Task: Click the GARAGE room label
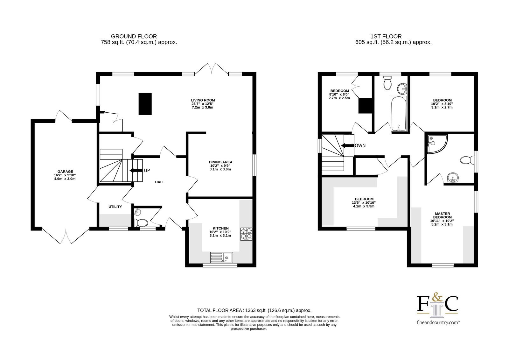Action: (65, 172)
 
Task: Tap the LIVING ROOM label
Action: (203, 100)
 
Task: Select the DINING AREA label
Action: (221, 162)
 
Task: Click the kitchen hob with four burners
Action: (246, 234)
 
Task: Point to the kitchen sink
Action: (221, 258)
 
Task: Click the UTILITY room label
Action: (115, 207)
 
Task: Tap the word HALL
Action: (160, 182)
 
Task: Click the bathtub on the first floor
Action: (399, 114)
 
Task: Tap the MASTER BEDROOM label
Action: (443, 215)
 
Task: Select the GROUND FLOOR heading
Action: (134, 36)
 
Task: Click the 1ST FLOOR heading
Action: (386, 36)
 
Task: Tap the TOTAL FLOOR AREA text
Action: (254, 310)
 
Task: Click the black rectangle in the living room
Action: (145, 104)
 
